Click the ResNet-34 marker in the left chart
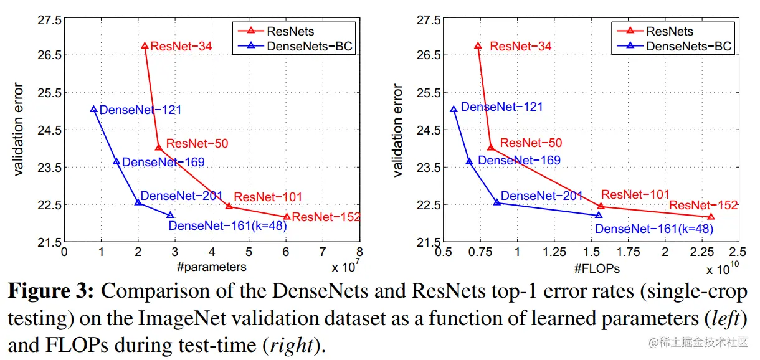coord(145,45)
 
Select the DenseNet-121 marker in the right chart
coord(454,109)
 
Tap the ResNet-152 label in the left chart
coord(326,217)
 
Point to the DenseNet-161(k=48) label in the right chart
coord(653,229)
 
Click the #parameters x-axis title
coord(211,267)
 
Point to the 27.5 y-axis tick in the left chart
coord(50,20)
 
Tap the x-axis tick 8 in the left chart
coord(359,252)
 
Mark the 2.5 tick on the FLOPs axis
coord(738,252)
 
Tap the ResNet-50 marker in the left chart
coord(158,147)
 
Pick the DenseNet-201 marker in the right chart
coord(496,202)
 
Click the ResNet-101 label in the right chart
coord(635,195)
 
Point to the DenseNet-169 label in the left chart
coord(163,163)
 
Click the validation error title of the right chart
coord(399,130)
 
